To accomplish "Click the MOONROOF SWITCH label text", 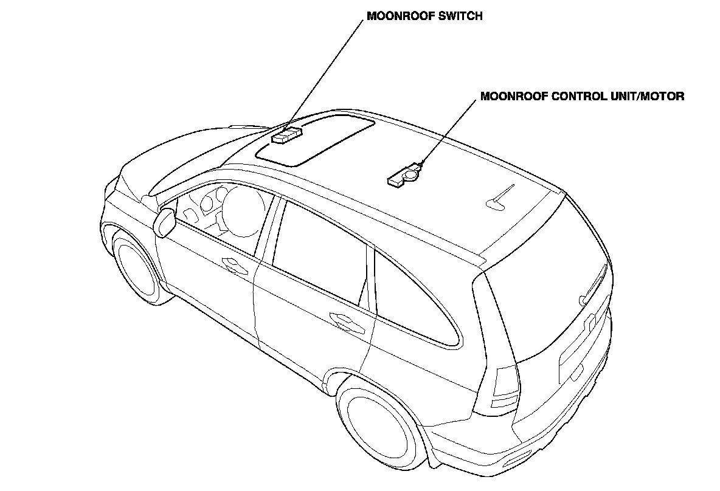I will [424, 16].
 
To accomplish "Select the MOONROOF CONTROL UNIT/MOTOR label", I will [582, 96].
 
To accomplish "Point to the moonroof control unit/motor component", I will [404, 177].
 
